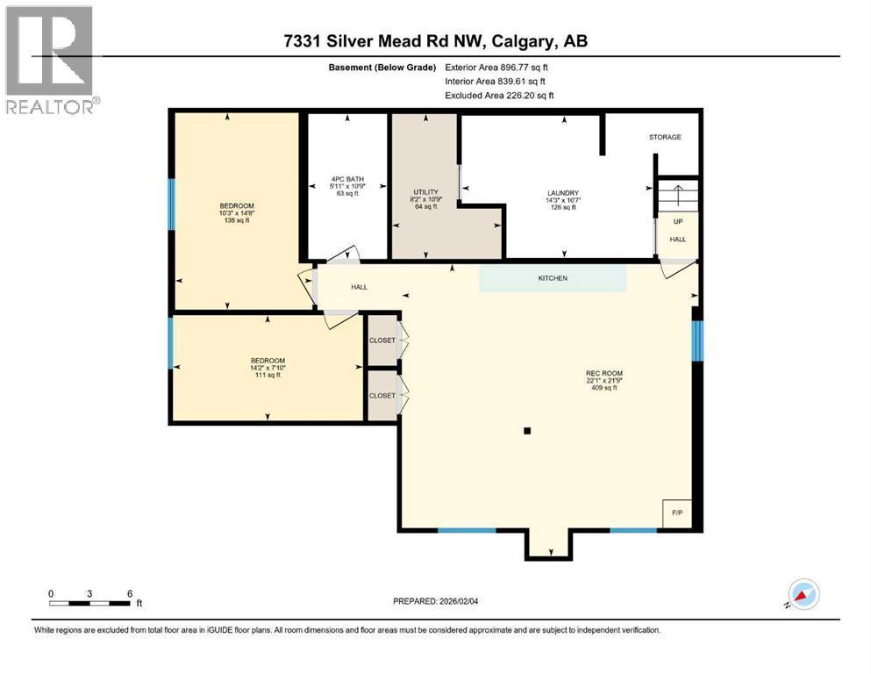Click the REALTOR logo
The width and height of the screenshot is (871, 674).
(49, 60)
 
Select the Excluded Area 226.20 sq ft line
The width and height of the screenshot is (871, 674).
(499, 95)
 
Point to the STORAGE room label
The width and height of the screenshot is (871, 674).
(664, 137)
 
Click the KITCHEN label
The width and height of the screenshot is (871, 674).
(553, 278)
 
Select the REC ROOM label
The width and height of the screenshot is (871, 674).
(604, 379)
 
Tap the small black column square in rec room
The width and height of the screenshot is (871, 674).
(527, 431)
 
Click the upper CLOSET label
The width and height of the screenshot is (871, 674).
(382, 341)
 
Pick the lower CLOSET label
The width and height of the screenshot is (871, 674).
(382, 396)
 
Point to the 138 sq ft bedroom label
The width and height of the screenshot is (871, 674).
(237, 213)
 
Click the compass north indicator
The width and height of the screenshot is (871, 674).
(803, 594)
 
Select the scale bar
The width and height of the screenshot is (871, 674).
(90, 603)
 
